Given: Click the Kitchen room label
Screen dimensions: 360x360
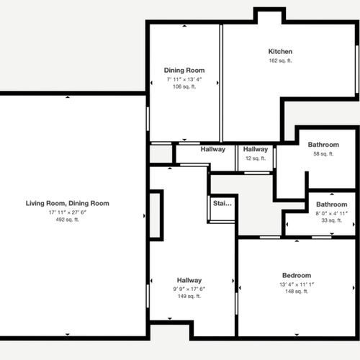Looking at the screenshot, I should [280, 52].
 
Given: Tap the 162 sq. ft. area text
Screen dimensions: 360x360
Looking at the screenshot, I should [280, 61].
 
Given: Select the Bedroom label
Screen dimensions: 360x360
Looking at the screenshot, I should [296, 276].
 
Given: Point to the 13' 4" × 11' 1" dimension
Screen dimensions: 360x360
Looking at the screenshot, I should [296, 284].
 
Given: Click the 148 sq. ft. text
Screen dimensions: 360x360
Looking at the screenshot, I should [296, 292].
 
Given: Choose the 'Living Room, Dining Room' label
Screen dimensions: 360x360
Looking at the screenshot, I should [68, 204].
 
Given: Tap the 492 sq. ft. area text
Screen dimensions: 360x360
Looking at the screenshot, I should [68, 220].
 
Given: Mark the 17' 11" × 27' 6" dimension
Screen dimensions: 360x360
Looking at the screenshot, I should [68, 212].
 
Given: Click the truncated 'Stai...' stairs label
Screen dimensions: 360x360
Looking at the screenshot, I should [222, 204].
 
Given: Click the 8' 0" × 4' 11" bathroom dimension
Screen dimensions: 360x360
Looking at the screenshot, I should [331, 213].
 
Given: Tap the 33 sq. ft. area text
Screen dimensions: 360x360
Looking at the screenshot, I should [331, 221].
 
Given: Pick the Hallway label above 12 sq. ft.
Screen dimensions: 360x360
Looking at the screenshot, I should [256, 150].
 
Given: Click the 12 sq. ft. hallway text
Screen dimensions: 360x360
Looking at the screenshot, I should [256, 158].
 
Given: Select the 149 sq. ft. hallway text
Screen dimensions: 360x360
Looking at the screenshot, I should [189, 297].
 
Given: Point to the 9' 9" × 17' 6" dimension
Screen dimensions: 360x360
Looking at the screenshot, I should [189, 289].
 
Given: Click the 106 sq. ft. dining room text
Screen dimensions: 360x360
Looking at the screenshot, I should [184, 86].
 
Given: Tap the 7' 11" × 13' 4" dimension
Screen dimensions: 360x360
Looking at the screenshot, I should [184, 78].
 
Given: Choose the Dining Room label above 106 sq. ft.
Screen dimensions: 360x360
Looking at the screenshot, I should [184, 71].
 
